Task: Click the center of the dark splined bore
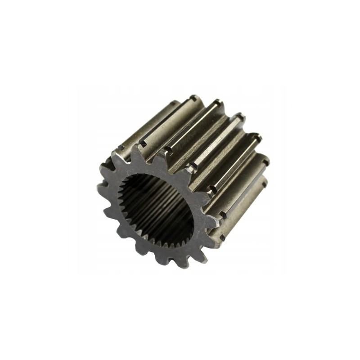pos(156,210)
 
